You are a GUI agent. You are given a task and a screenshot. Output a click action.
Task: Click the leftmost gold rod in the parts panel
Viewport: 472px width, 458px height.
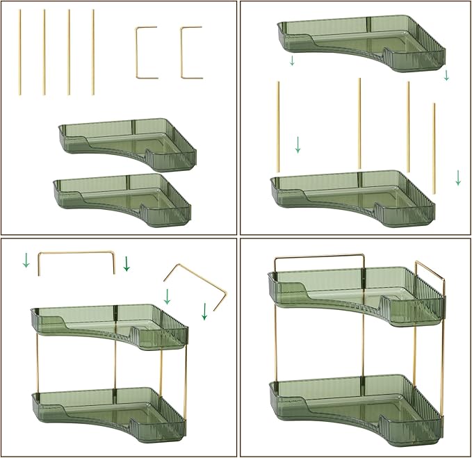pos(20,52)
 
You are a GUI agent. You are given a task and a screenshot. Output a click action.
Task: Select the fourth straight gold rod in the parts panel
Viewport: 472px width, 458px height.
pos(93,52)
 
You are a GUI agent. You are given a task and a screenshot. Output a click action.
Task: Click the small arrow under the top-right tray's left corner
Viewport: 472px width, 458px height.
pos(292,61)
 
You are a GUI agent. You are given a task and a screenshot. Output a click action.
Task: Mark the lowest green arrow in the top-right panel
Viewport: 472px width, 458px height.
pos(458,178)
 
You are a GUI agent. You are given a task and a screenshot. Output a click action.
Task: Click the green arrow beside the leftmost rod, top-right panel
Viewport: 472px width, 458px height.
pos(298,145)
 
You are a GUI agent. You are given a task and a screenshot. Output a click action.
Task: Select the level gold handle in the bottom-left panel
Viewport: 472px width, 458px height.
pos(76,254)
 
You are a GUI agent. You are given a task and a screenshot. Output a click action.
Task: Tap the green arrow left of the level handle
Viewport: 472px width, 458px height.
pos(26,261)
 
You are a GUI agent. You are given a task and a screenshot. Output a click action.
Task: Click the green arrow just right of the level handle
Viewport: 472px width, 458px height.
pos(127,263)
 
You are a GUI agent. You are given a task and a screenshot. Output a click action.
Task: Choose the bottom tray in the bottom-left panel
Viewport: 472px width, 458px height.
pos(108,414)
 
